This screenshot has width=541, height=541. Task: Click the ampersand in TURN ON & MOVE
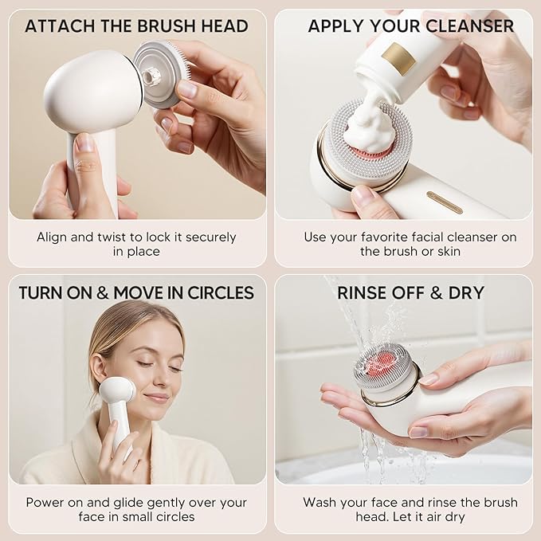(x=100, y=292)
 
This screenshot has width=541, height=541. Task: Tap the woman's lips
(x=157, y=398)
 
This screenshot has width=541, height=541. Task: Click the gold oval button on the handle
(x=444, y=202)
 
